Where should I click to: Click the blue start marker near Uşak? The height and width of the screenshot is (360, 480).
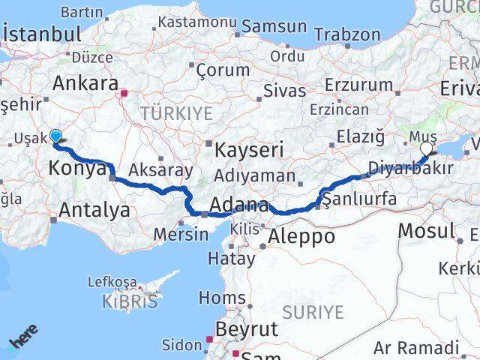click(55, 136)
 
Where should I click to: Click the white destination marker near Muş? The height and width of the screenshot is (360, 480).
click(426, 148)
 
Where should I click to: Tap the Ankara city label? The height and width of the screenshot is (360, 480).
click(85, 82)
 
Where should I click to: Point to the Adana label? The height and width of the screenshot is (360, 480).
click(239, 205)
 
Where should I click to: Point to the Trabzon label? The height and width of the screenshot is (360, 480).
click(347, 34)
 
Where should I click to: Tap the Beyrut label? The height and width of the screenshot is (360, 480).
click(247, 328)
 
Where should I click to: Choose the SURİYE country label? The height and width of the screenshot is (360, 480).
click(313, 311)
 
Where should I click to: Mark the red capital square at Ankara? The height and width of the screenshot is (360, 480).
click(125, 94)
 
